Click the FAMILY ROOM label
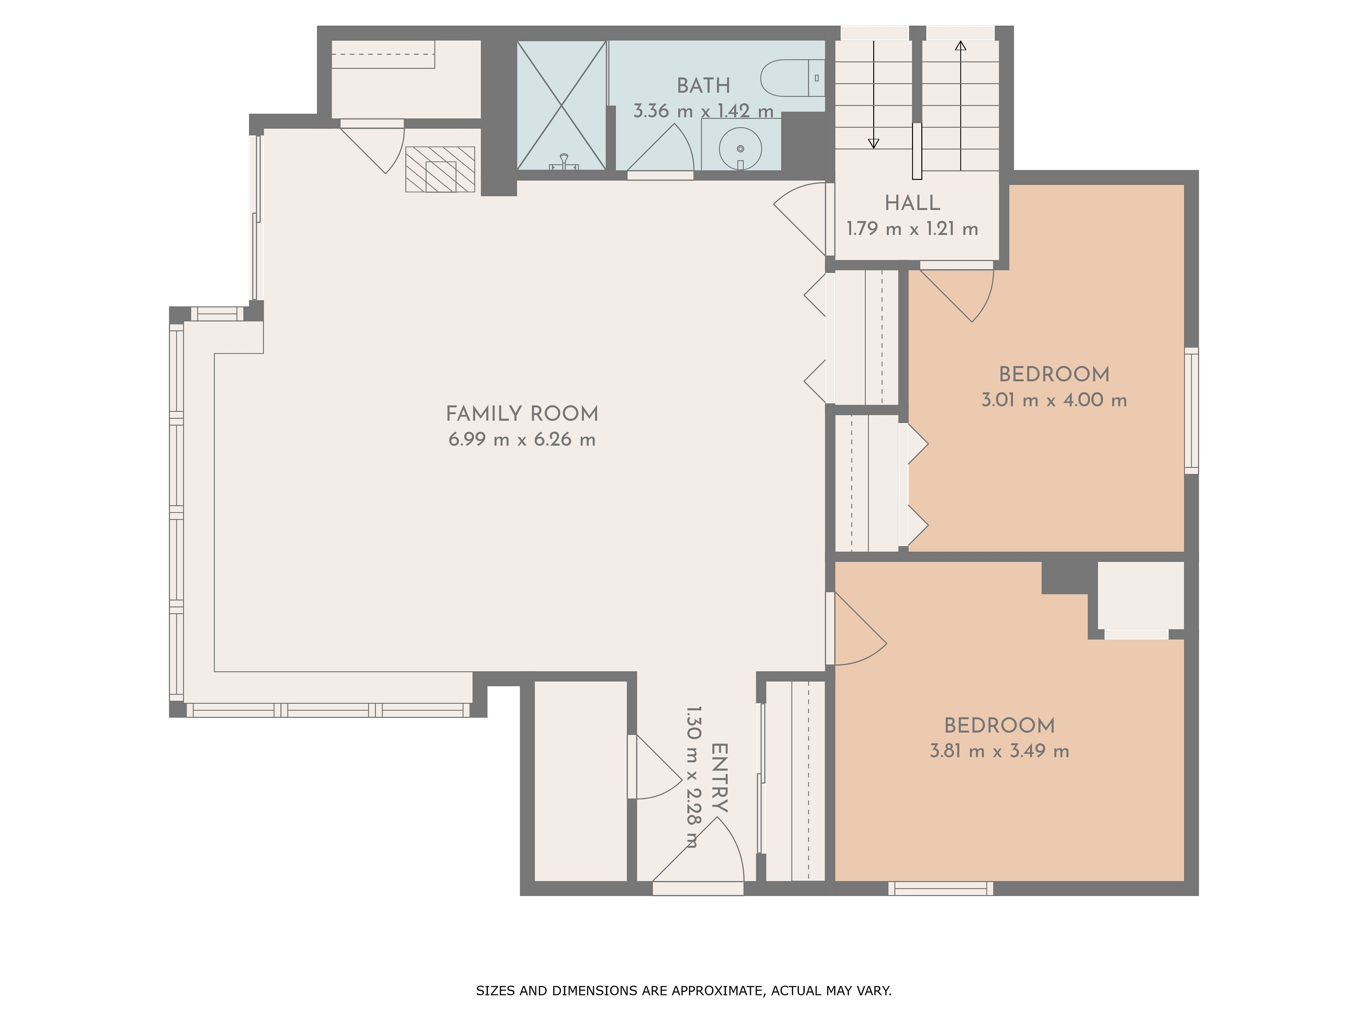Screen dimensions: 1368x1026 pos(522,414)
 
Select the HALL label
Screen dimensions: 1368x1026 pos(912,203)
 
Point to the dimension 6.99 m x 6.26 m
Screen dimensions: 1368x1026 pos(522,440)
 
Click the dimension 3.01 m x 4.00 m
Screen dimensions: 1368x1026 pos(1054,400)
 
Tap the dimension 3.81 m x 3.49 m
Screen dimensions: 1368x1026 pos(999,751)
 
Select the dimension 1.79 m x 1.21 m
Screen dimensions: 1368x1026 pos(912,229)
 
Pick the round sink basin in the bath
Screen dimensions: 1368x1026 pos(740,149)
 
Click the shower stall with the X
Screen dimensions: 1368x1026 pos(561,105)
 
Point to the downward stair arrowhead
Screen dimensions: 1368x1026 pos(873,144)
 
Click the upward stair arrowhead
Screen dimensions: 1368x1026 pos(960,45)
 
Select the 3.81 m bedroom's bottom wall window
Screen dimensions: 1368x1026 pos(940,888)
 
